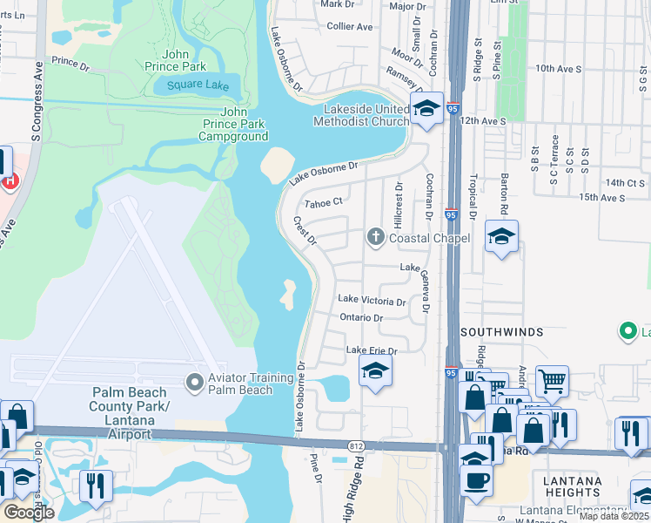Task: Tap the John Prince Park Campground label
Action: click(x=232, y=124)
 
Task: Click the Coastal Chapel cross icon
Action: click(x=376, y=236)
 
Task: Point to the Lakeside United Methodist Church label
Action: click(x=366, y=115)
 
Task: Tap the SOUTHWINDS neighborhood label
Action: click(x=501, y=332)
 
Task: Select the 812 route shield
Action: click(x=356, y=446)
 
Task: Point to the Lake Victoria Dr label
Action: click(x=372, y=300)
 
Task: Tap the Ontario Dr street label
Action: click(x=361, y=318)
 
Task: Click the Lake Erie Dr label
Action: click(x=372, y=350)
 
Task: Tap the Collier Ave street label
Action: click(x=350, y=27)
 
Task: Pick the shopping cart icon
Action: click(x=552, y=381)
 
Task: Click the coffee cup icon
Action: click(x=475, y=480)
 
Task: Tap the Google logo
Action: click(x=29, y=513)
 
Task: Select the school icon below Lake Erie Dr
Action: click(x=376, y=372)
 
